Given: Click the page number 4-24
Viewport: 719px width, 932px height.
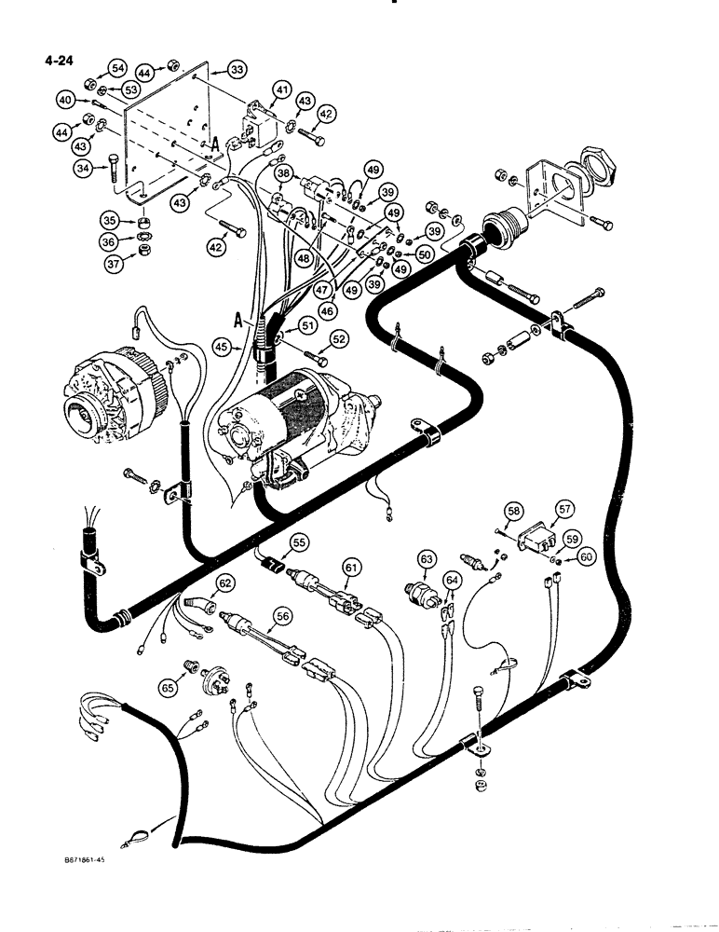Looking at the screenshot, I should pos(58,63).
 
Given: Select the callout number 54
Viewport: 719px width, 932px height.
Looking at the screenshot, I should pos(117,69).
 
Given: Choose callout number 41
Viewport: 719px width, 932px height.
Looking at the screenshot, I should pos(280,89).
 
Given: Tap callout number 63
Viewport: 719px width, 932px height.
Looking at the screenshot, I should pos(427,558).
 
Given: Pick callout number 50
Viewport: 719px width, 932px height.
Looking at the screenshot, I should pos(425,254).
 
